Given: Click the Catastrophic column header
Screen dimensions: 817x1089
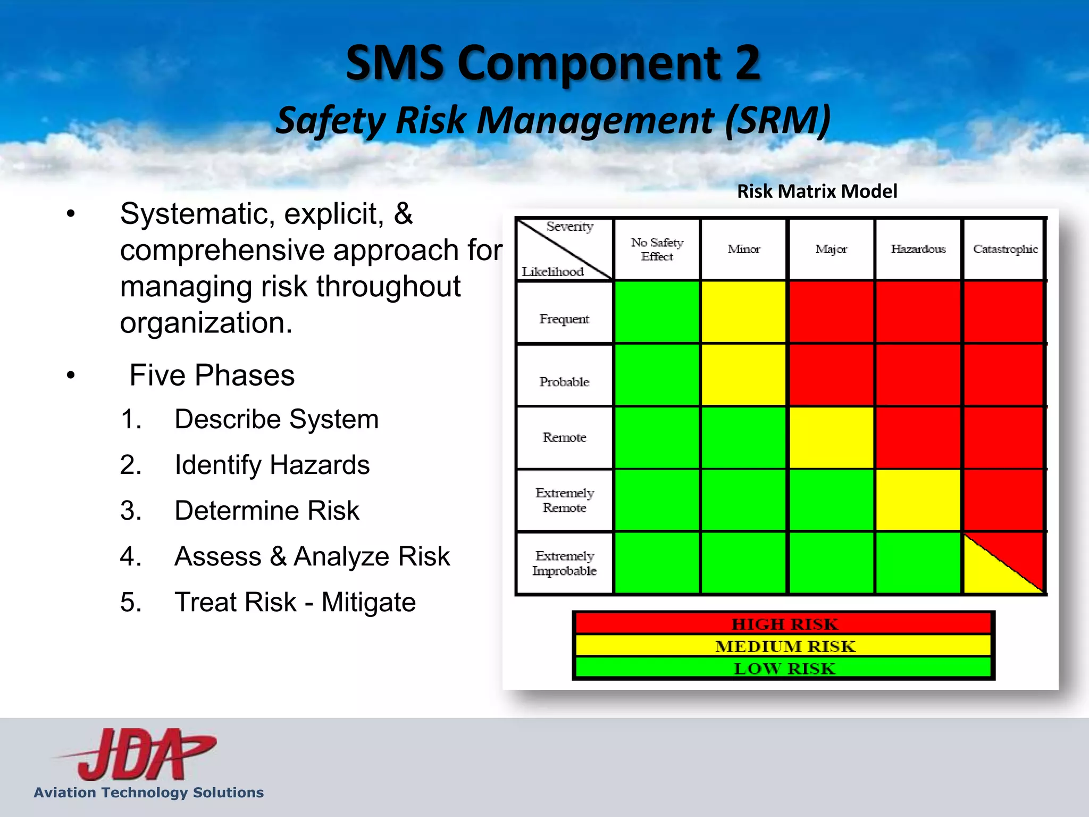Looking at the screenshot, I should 1004,249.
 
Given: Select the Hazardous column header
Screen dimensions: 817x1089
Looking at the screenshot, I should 918,249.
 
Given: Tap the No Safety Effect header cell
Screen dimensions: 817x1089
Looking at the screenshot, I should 657,249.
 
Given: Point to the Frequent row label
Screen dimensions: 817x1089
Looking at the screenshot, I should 564,319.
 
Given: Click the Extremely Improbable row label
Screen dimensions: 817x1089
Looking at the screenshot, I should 564,563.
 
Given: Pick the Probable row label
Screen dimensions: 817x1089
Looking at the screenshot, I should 564,381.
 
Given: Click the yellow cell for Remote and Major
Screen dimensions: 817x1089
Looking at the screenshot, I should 831,438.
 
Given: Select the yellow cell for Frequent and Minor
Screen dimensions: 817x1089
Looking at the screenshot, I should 743,312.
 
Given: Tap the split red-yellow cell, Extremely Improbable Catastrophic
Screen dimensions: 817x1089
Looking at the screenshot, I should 1003,563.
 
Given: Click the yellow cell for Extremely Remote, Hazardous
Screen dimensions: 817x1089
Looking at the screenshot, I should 918,500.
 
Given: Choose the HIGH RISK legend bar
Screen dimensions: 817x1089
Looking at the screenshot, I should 784,623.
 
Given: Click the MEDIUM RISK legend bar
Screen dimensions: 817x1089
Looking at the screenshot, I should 784,646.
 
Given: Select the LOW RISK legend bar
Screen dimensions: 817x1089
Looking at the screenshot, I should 784,668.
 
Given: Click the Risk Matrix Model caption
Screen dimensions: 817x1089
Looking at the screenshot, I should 817,191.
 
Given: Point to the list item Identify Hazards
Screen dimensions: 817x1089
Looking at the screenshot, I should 272,465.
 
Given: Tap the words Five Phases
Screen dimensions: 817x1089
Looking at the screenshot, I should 212,375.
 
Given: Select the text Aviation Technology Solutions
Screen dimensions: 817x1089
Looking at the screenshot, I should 149,793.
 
